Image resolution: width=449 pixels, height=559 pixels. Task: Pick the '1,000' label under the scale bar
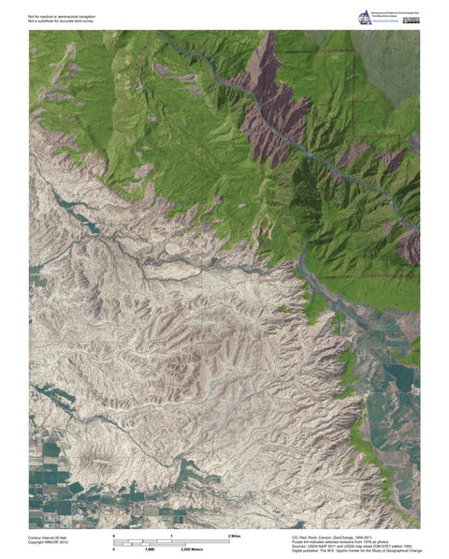pos(149,549)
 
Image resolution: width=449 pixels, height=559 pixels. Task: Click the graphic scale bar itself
pos(172,541)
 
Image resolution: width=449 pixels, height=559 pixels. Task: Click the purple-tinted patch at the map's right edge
pos(409,248)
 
